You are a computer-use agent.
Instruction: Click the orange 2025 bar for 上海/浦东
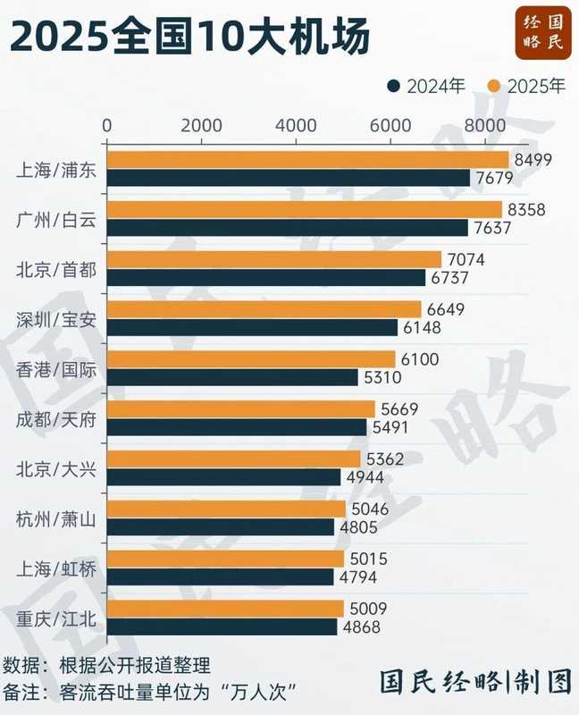click(308, 160)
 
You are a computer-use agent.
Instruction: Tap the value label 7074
click(465, 259)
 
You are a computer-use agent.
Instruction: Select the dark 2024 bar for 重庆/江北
click(222, 627)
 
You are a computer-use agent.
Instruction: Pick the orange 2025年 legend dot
click(493, 87)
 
